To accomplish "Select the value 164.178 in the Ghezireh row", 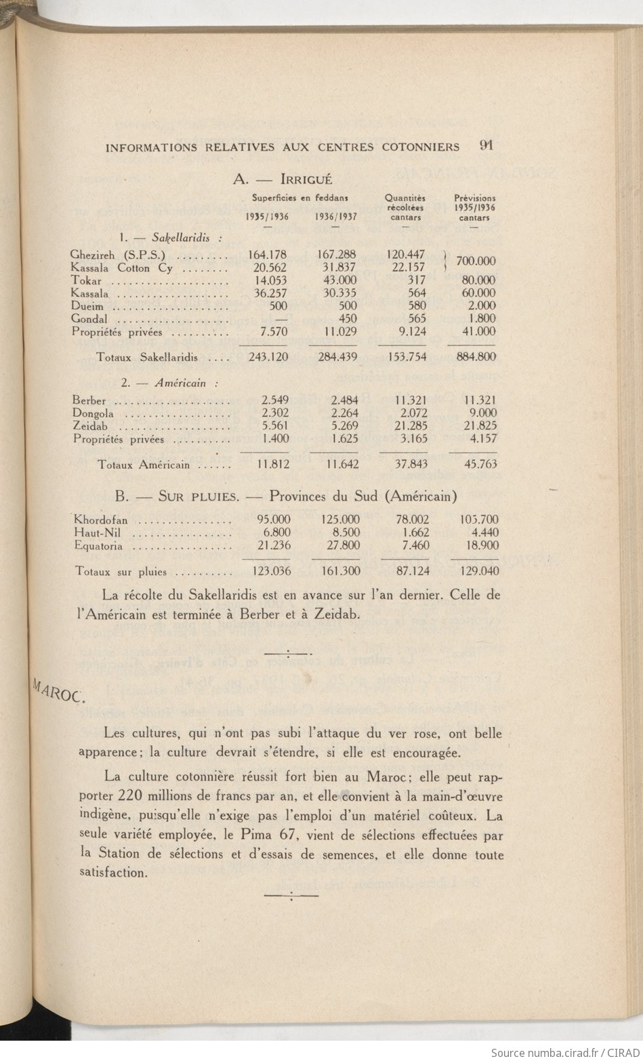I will (x=267, y=255).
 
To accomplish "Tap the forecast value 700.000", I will (x=476, y=261).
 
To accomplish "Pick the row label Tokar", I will (x=86, y=280).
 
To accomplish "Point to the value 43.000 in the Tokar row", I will (x=337, y=280).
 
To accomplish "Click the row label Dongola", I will (x=93, y=413).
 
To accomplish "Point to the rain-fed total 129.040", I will (x=479, y=571).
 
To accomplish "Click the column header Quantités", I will (x=405, y=198).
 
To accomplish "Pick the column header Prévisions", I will (x=475, y=199).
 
